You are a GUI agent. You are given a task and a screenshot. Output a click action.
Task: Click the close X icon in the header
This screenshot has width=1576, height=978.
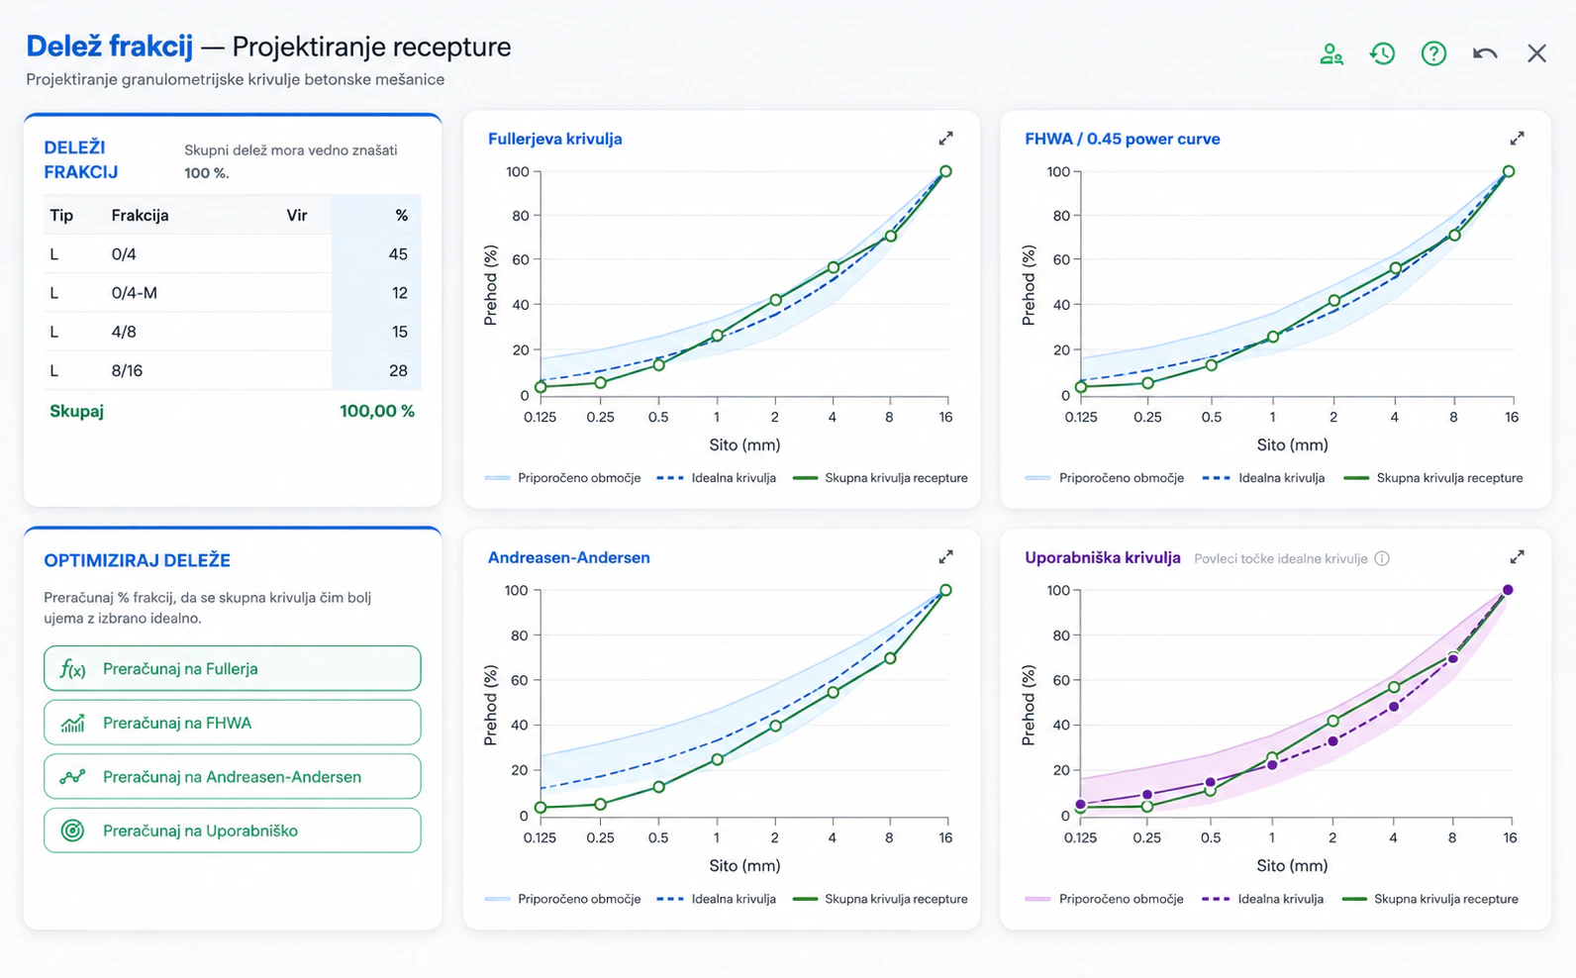click(1536, 53)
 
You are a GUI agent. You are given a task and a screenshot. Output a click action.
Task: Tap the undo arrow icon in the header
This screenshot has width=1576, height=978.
click(1485, 53)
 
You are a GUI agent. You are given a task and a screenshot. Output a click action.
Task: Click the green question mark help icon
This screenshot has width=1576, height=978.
click(1433, 53)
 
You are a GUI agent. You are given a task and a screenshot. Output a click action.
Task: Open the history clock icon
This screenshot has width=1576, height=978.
click(1382, 53)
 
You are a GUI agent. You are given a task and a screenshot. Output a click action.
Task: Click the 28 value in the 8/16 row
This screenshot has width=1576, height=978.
click(398, 371)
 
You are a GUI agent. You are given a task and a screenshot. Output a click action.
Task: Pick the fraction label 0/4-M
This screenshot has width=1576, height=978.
click(135, 293)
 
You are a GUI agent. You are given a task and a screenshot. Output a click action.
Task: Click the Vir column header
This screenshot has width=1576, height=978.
click(297, 216)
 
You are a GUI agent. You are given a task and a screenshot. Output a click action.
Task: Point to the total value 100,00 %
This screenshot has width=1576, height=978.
click(377, 411)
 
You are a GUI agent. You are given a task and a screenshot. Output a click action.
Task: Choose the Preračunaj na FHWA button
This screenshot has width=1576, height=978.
click(233, 723)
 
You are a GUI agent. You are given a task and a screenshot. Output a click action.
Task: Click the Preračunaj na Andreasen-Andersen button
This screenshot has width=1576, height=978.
click(233, 777)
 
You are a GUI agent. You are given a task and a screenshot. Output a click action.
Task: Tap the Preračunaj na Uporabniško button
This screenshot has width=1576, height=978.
click(233, 831)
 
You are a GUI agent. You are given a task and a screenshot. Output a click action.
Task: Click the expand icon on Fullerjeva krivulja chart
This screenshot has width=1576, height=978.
click(945, 139)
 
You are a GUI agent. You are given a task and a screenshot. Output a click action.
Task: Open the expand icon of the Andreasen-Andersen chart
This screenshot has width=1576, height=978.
click(945, 557)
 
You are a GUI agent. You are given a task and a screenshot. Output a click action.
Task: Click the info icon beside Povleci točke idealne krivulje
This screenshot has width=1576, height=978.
click(1382, 558)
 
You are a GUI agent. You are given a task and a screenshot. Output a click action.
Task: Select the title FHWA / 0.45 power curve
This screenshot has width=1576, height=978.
click(1123, 140)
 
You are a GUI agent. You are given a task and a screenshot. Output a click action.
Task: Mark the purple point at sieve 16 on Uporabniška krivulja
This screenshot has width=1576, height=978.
click(1508, 590)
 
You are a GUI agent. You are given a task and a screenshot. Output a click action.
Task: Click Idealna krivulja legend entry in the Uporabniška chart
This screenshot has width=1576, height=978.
click(1263, 899)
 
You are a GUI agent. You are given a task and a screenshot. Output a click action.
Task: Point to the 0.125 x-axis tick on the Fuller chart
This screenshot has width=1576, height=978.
click(540, 417)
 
